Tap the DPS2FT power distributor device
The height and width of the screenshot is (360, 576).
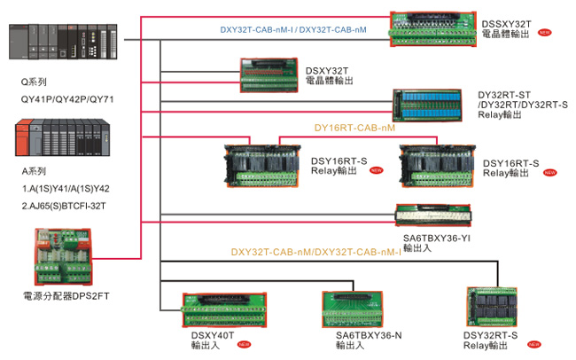click(x=65, y=256)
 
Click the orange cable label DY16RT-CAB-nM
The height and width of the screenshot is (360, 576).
click(x=354, y=128)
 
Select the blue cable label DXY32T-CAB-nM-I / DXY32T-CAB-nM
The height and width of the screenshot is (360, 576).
click(x=306, y=29)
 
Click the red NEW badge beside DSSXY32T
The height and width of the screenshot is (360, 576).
click(x=545, y=33)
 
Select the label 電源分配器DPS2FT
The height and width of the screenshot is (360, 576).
click(x=66, y=295)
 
